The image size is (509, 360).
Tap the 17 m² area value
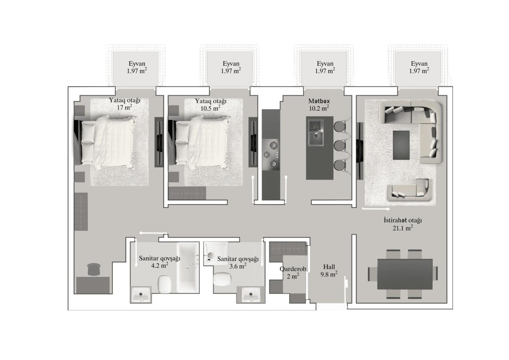[x=125, y=108]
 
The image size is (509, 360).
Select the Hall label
[x=329, y=267]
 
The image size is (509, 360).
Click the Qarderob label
[x=290, y=269]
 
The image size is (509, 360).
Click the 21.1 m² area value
[x=403, y=228]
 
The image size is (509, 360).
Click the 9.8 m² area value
[x=329, y=274]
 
